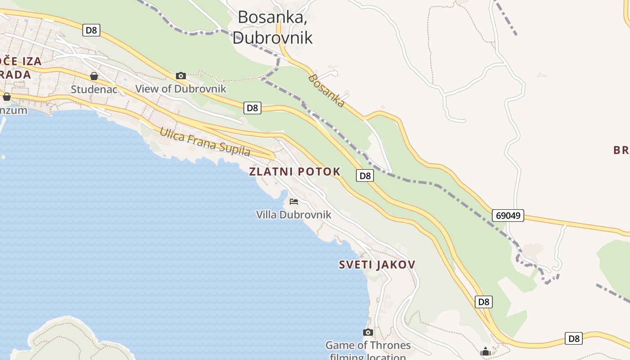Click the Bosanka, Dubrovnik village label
273,27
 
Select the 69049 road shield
508,216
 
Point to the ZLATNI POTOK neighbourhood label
295,171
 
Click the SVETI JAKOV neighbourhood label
377,265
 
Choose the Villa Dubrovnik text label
293,215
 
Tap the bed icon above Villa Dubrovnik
294,201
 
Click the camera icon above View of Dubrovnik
181,76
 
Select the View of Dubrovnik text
181,89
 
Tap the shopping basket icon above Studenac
94,76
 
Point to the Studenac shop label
94,89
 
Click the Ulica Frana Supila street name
205,141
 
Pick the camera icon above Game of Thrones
368,332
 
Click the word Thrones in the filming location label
389,346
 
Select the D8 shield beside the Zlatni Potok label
365,175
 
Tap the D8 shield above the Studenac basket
91,30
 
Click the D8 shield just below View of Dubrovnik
252,108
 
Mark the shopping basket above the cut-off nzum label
7,97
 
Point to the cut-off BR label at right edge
621,150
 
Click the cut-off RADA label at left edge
15,74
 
